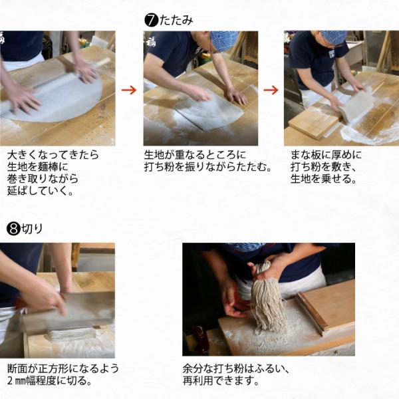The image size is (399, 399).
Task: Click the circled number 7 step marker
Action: click(150, 21)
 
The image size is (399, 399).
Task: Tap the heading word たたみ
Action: click(176, 21)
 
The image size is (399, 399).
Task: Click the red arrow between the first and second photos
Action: click(129, 90)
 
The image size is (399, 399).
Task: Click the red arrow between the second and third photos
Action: click(271, 90)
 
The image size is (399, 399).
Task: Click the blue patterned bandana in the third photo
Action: click(333, 37)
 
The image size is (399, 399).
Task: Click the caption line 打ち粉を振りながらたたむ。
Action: click(207, 167)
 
